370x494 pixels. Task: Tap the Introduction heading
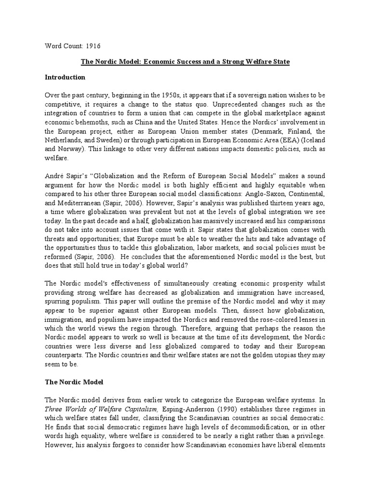(x=65, y=77)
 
